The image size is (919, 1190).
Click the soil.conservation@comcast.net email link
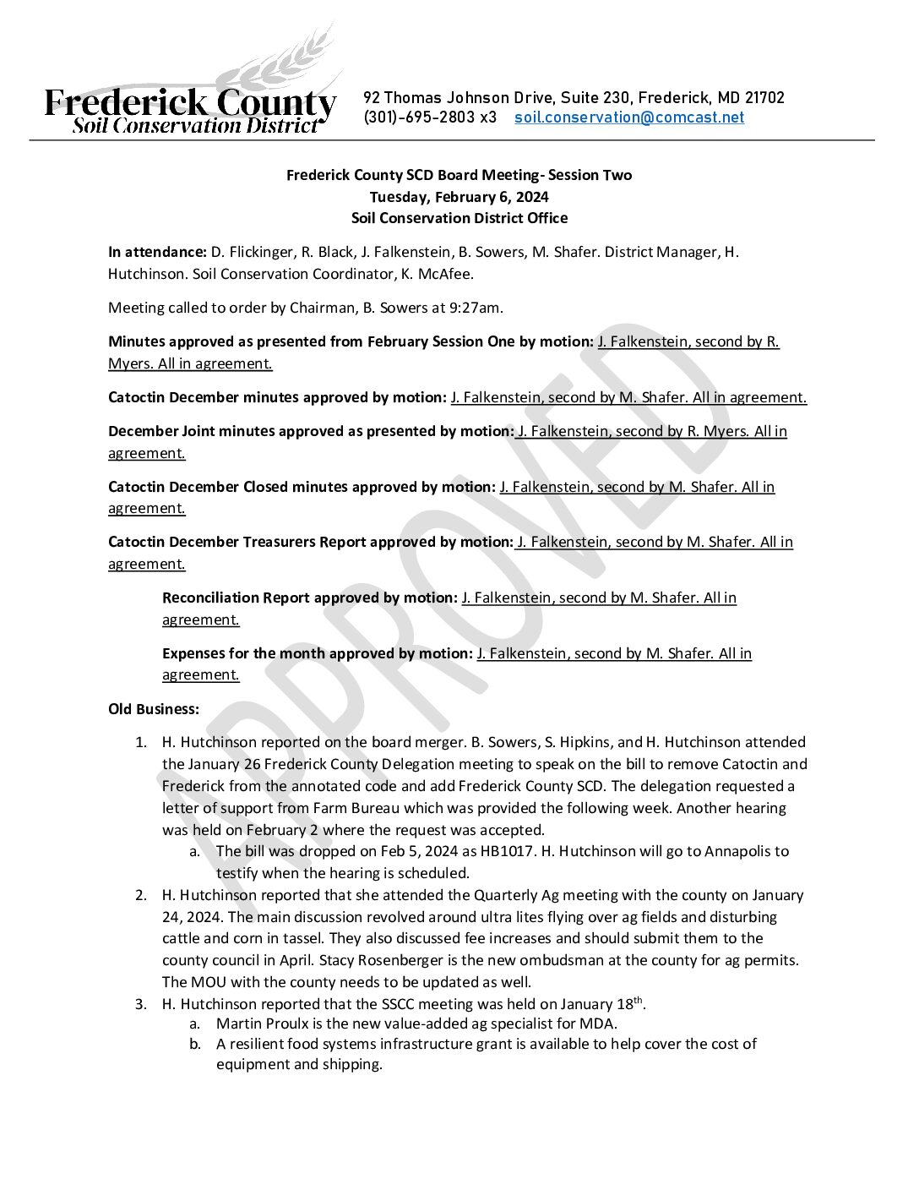pos(629,117)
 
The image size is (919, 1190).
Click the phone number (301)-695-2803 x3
pos(430,117)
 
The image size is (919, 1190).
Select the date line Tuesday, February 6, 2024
pos(459,197)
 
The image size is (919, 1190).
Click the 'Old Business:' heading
pos(154,709)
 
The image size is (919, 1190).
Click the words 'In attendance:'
pos(157,252)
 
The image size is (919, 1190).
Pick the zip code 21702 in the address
pos(764,98)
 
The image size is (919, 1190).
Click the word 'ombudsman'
pos(563,960)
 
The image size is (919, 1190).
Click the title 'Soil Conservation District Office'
pos(459,218)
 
